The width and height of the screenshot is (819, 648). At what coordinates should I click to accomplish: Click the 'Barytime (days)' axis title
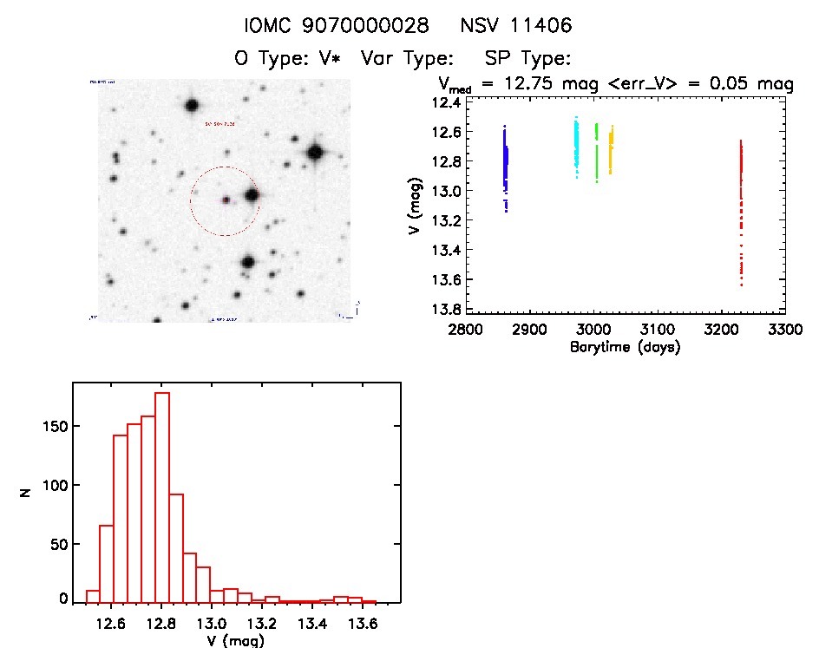tap(625, 348)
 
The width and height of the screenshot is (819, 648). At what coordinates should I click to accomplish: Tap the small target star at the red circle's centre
tap(226, 200)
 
